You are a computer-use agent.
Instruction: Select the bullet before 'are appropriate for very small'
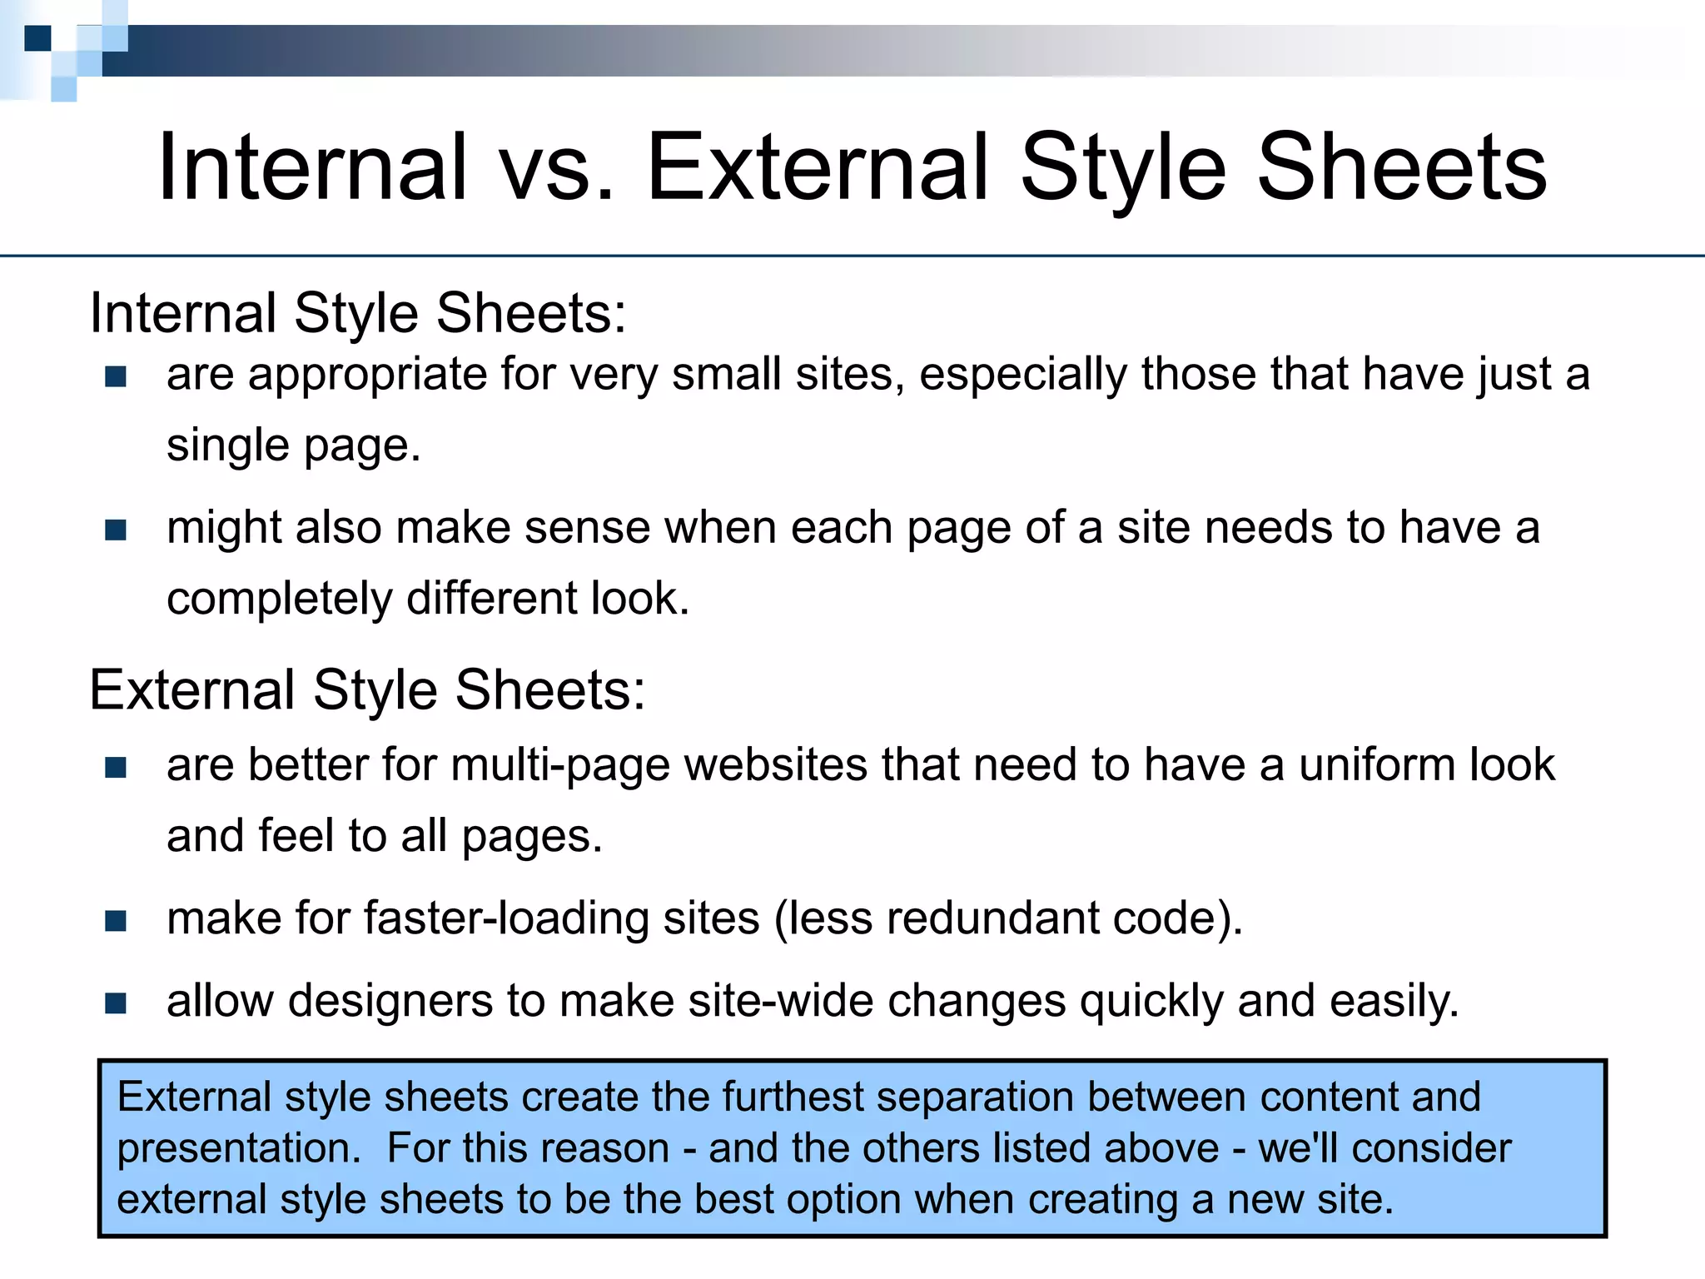116,377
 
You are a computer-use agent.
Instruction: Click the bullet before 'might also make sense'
116,530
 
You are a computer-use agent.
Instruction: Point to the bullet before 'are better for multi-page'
116,767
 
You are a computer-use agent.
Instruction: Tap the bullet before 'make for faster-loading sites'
116,921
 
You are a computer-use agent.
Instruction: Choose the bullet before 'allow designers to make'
116,1003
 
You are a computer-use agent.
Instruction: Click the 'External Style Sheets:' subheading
367,690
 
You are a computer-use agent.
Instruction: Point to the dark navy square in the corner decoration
37,38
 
